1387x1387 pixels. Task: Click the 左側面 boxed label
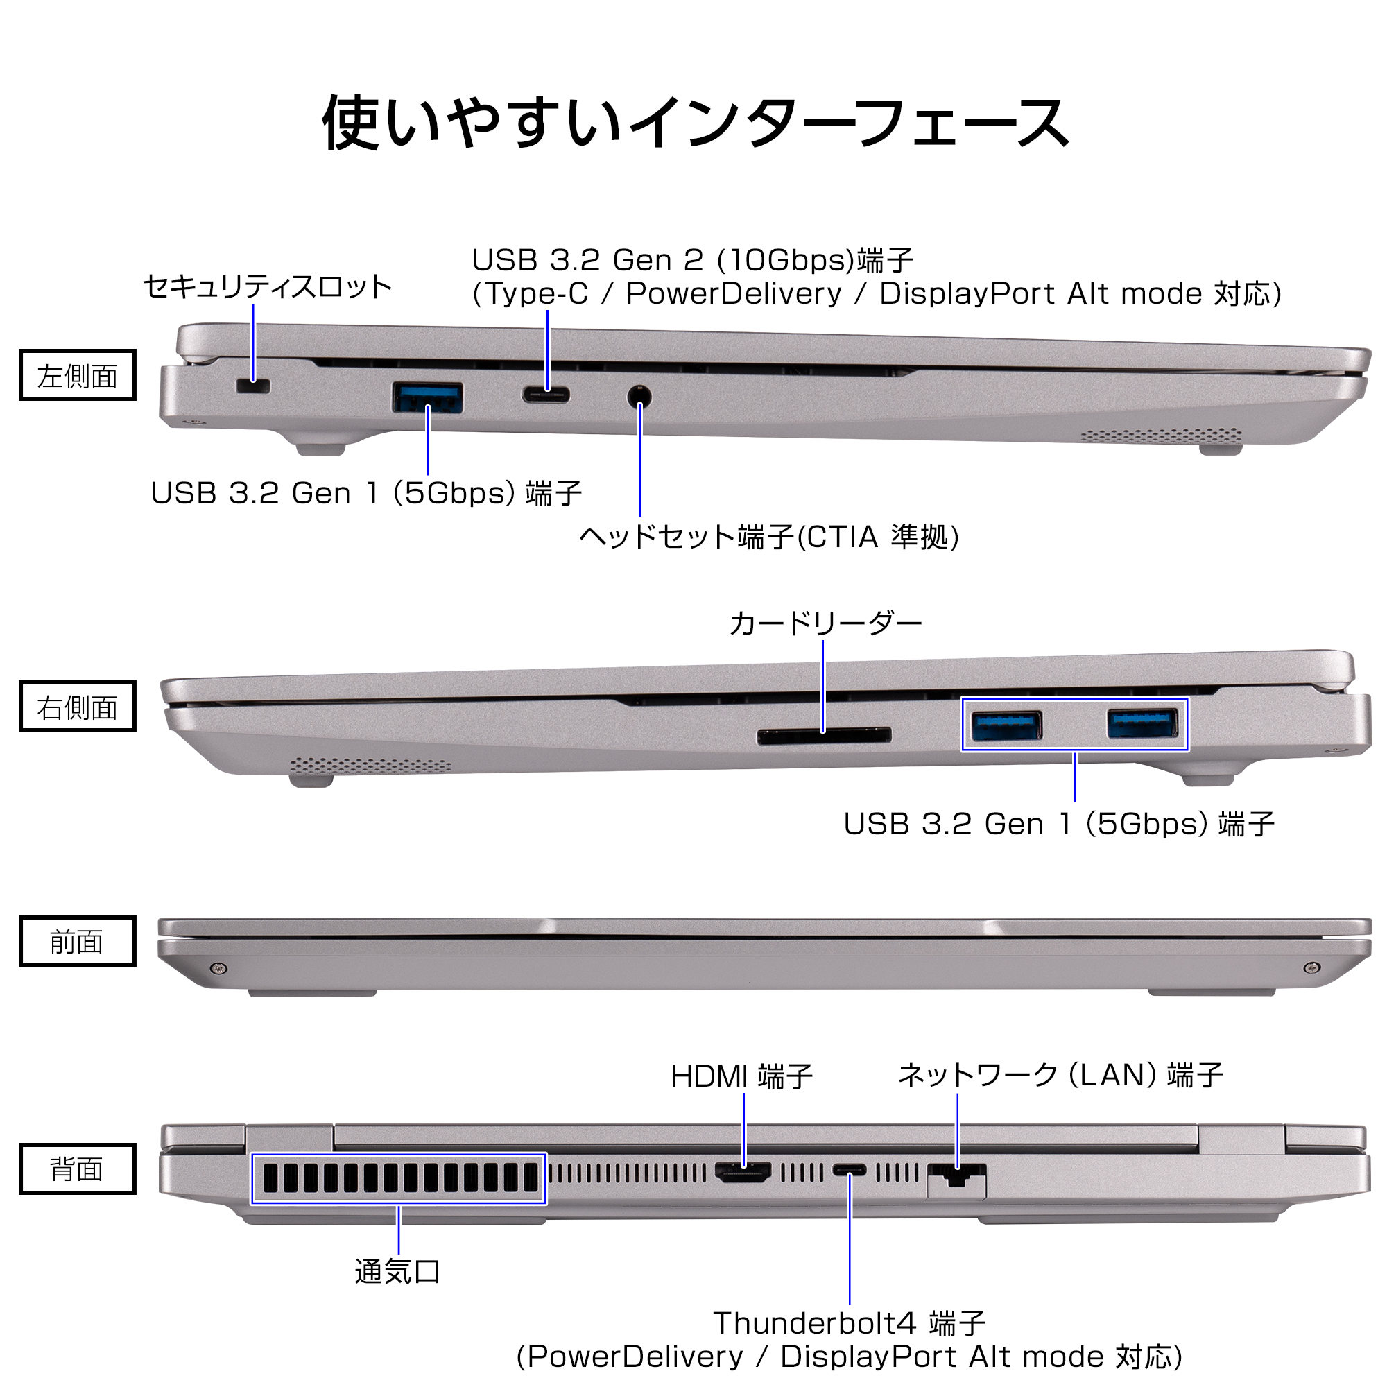coord(78,375)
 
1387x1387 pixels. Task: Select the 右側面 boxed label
coord(78,707)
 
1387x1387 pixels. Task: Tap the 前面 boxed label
coord(78,941)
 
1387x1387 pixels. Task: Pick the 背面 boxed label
coord(78,1169)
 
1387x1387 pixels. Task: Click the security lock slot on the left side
coord(252,386)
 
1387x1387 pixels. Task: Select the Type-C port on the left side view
coord(546,395)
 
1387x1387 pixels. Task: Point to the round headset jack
coord(639,396)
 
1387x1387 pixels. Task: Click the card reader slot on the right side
coord(824,735)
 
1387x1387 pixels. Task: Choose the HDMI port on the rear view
coord(743,1173)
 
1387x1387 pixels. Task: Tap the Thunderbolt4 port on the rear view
coord(850,1171)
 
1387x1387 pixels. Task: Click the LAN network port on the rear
coord(956,1177)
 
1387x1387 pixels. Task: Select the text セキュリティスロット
coord(267,287)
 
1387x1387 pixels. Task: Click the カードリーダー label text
coord(825,624)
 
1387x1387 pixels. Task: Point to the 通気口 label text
coord(397,1271)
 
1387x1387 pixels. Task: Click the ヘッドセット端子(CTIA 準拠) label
coord(769,537)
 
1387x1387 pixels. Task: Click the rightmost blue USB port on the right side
coord(1142,723)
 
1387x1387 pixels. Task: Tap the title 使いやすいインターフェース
coord(695,122)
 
